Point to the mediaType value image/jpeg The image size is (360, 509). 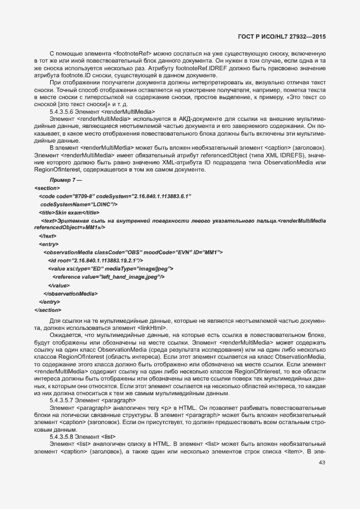tap(154, 269)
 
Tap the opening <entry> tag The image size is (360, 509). tap(45, 244)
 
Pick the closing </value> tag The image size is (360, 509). tap(59, 285)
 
